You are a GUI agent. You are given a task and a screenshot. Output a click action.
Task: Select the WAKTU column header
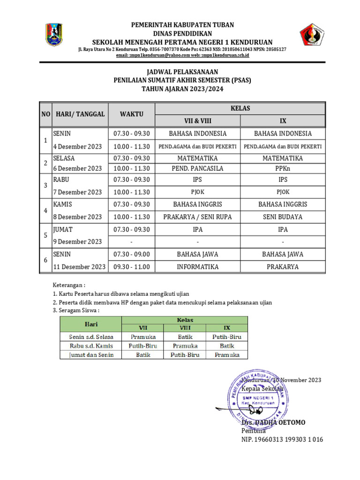click(x=131, y=114)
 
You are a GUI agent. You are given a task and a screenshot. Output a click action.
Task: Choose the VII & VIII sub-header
click(x=197, y=120)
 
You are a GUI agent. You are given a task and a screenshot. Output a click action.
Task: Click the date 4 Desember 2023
click(x=77, y=146)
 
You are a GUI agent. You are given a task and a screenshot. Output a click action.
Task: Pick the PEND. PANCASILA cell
click(x=197, y=168)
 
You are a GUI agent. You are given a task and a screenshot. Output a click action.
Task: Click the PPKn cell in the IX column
click(x=283, y=168)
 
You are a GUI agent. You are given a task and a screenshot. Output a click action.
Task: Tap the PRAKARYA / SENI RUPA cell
click(x=197, y=217)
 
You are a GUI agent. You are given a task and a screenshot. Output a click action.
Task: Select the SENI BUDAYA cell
click(x=283, y=217)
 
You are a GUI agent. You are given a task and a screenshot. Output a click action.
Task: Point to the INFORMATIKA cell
click(x=197, y=267)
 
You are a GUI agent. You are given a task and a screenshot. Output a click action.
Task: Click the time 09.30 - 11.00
click(x=131, y=267)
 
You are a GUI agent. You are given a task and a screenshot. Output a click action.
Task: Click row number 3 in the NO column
click(x=45, y=186)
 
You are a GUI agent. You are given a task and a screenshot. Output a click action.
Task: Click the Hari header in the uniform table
click(x=91, y=323)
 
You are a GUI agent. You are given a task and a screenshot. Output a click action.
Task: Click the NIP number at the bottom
click(x=282, y=439)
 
